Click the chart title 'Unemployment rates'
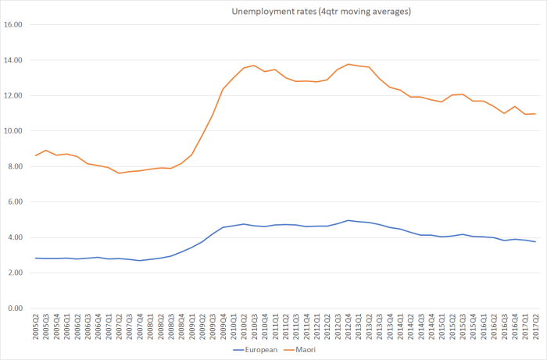(320, 12)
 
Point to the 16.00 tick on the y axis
(15, 25)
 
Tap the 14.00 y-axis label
(15, 60)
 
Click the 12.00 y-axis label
(15, 96)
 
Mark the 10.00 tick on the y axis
(15, 131)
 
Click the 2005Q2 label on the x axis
(36, 326)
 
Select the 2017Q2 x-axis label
(534, 326)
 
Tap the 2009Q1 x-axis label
(191, 326)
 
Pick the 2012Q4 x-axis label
(348, 326)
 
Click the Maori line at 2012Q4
(348, 64)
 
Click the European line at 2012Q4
(348, 220)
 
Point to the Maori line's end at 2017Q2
(534, 114)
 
